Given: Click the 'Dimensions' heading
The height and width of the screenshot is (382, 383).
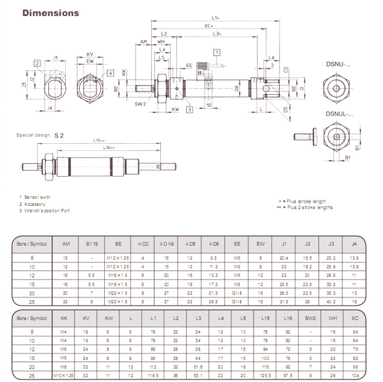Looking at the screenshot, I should pyautogui.click(x=51, y=12).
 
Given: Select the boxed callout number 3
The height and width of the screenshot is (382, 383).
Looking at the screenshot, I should pyautogui.click(x=189, y=110).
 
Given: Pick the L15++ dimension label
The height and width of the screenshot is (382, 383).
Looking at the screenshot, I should pyautogui.click(x=98, y=140).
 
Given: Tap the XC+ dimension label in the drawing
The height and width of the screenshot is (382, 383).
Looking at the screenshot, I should pyautogui.click(x=209, y=26).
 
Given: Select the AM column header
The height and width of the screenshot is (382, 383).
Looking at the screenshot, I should pyautogui.click(x=66, y=244).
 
